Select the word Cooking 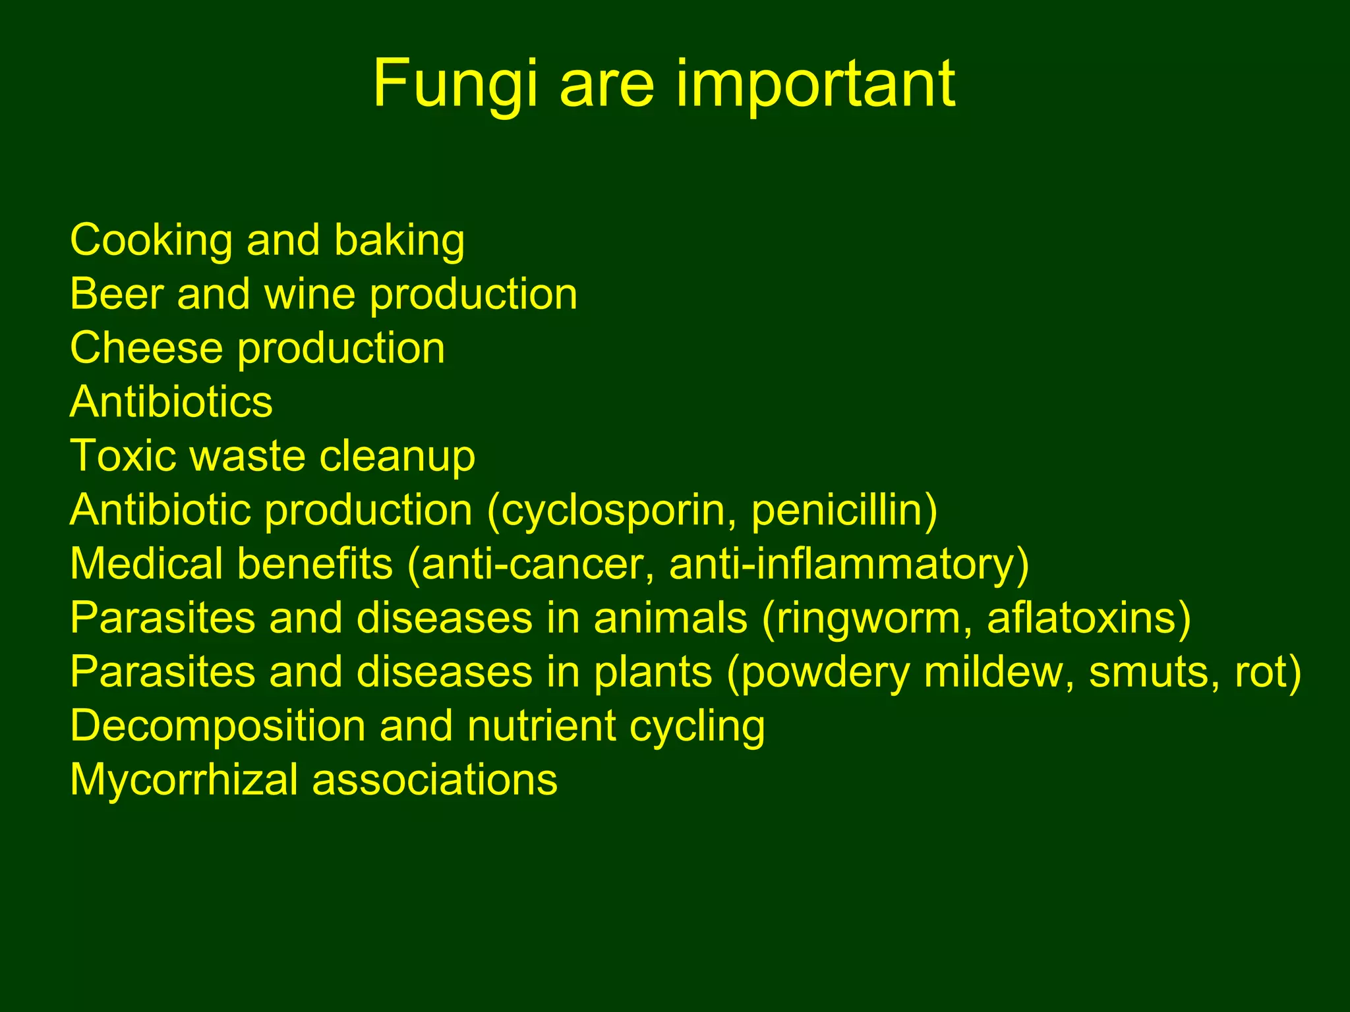151,240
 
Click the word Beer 116,294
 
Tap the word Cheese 146,348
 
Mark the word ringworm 867,619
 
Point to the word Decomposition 218,727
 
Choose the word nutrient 541,726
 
